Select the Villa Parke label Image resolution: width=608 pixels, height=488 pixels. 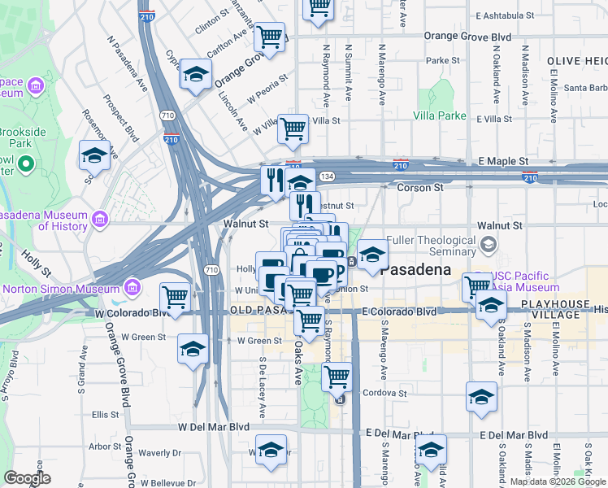pos(440,115)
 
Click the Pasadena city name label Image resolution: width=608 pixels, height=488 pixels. pos(421,268)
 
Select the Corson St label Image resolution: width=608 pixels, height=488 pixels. pos(420,188)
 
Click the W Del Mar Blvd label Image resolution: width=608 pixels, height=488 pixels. pos(214,426)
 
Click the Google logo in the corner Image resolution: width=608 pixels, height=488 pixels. pos(27,478)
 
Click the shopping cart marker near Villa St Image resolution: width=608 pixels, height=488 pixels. pos(293,129)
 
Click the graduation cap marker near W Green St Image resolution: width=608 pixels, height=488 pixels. pos(193,350)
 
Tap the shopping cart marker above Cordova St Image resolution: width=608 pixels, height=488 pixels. pos(337,377)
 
